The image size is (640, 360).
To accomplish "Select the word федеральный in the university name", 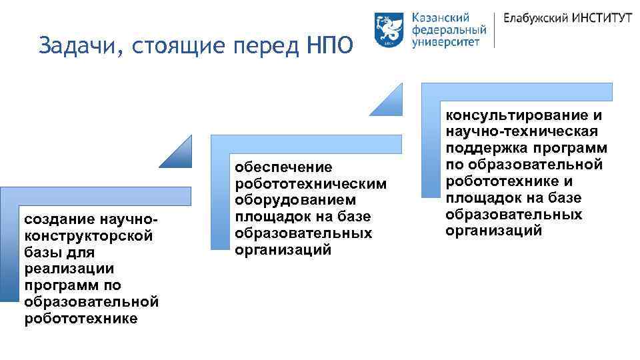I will pos(449,30).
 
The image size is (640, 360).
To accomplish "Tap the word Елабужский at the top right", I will pos(535,19).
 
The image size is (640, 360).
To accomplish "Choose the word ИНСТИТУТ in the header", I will pos(602,19).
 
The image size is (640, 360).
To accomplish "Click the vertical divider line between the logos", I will pos(495,29).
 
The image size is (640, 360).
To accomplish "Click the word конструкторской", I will pos(88,236).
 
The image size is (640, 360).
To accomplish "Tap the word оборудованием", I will pos(291,200).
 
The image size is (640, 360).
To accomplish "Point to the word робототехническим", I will pos(310,184).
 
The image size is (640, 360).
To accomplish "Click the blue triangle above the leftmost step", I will pos(178,154).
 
